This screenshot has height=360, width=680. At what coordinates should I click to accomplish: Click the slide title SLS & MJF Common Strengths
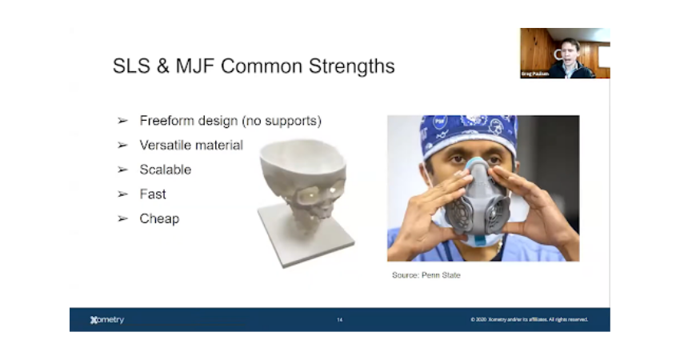point(254,66)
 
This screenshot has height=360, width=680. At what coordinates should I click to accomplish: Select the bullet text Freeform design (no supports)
point(230,121)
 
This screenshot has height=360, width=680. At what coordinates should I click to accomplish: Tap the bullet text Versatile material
point(191,145)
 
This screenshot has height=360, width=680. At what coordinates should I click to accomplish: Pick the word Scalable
point(166,170)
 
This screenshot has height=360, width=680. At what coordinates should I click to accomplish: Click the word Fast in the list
point(153,194)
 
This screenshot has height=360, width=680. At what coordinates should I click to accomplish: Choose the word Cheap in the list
point(159,218)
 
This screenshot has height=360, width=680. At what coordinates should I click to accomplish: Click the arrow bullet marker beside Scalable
point(122,170)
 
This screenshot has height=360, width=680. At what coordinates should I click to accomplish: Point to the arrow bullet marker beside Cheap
point(122,218)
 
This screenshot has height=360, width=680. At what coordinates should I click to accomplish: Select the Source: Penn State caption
point(426,275)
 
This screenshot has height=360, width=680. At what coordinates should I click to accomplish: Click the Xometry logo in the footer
point(107,320)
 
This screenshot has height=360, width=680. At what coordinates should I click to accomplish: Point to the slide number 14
point(339,320)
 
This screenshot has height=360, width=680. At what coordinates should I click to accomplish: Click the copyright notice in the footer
point(529,320)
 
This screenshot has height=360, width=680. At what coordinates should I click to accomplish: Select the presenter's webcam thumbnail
point(565,53)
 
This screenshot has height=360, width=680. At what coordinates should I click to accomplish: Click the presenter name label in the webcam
point(534,74)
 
